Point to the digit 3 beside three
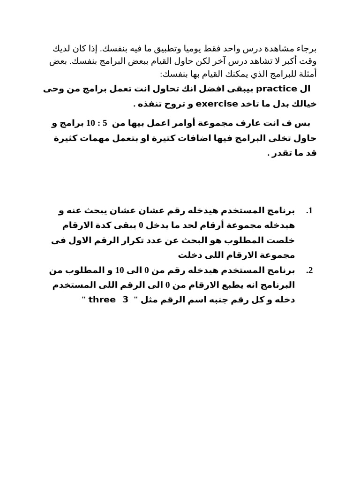[x=125, y=300]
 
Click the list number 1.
[x=309, y=211]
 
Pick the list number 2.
[x=309, y=270]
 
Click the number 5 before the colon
[x=105, y=123]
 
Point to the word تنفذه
[x=150, y=104]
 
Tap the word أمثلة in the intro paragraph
[x=307, y=75]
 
